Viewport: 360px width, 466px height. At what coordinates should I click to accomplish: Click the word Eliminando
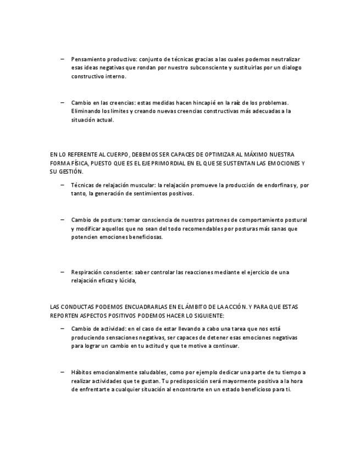click(x=86, y=111)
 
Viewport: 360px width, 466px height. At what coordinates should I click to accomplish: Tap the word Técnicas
click(x=84, y=185)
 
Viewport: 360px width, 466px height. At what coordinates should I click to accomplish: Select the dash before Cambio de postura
click(x=63, y=219)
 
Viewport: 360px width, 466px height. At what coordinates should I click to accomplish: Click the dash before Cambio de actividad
click(x=63, y=328)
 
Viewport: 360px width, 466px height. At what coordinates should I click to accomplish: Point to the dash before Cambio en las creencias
click(x=63, y=102)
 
